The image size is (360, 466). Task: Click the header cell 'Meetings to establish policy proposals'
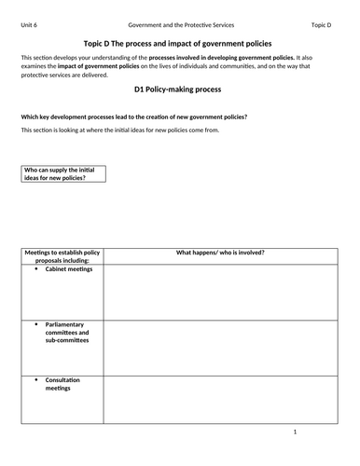62,256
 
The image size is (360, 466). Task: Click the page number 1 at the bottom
294,432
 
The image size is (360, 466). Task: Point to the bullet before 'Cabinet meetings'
35,270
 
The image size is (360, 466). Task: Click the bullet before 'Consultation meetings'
35,380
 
